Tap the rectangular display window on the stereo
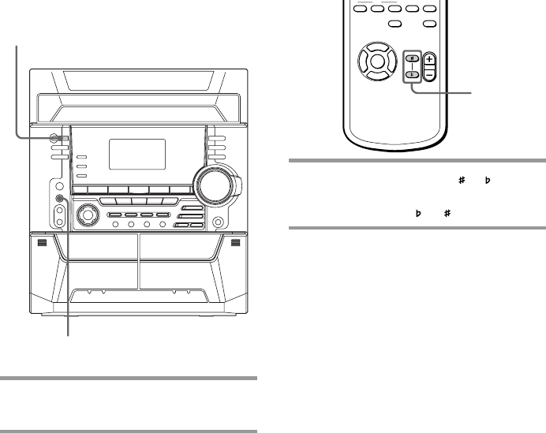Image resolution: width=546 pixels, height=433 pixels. [136, 154]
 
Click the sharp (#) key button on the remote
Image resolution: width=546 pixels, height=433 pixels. [411, 58]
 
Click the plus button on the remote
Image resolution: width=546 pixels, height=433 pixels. [430, 58]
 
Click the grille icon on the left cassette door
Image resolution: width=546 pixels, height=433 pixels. [41, 243]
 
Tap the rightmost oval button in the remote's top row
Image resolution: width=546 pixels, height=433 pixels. [429, 9]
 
